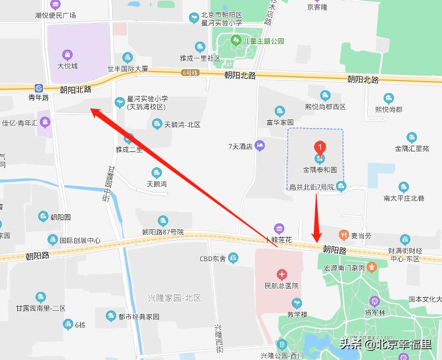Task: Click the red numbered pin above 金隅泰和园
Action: coord(320,147)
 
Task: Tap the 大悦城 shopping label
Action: coord(67,66)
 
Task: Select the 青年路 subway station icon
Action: coord(39,88)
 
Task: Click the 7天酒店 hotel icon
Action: coord(260,146)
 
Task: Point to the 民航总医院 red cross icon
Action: coord(280,275)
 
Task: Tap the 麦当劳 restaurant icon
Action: coord(344,235)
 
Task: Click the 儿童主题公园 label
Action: coord(263,41)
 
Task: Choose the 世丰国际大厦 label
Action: coord(128,69)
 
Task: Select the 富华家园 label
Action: coord(280,122)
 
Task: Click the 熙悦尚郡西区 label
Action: coord(325,107)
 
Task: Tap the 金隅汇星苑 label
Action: coord(412,149)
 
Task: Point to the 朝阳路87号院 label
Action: coord(163,232)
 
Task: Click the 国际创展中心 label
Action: coord(80,241)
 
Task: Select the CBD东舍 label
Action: coord(212,260)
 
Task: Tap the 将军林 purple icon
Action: coord(376,301)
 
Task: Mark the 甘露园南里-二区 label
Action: coord(41,308)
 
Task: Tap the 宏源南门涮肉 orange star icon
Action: coord(372,267)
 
